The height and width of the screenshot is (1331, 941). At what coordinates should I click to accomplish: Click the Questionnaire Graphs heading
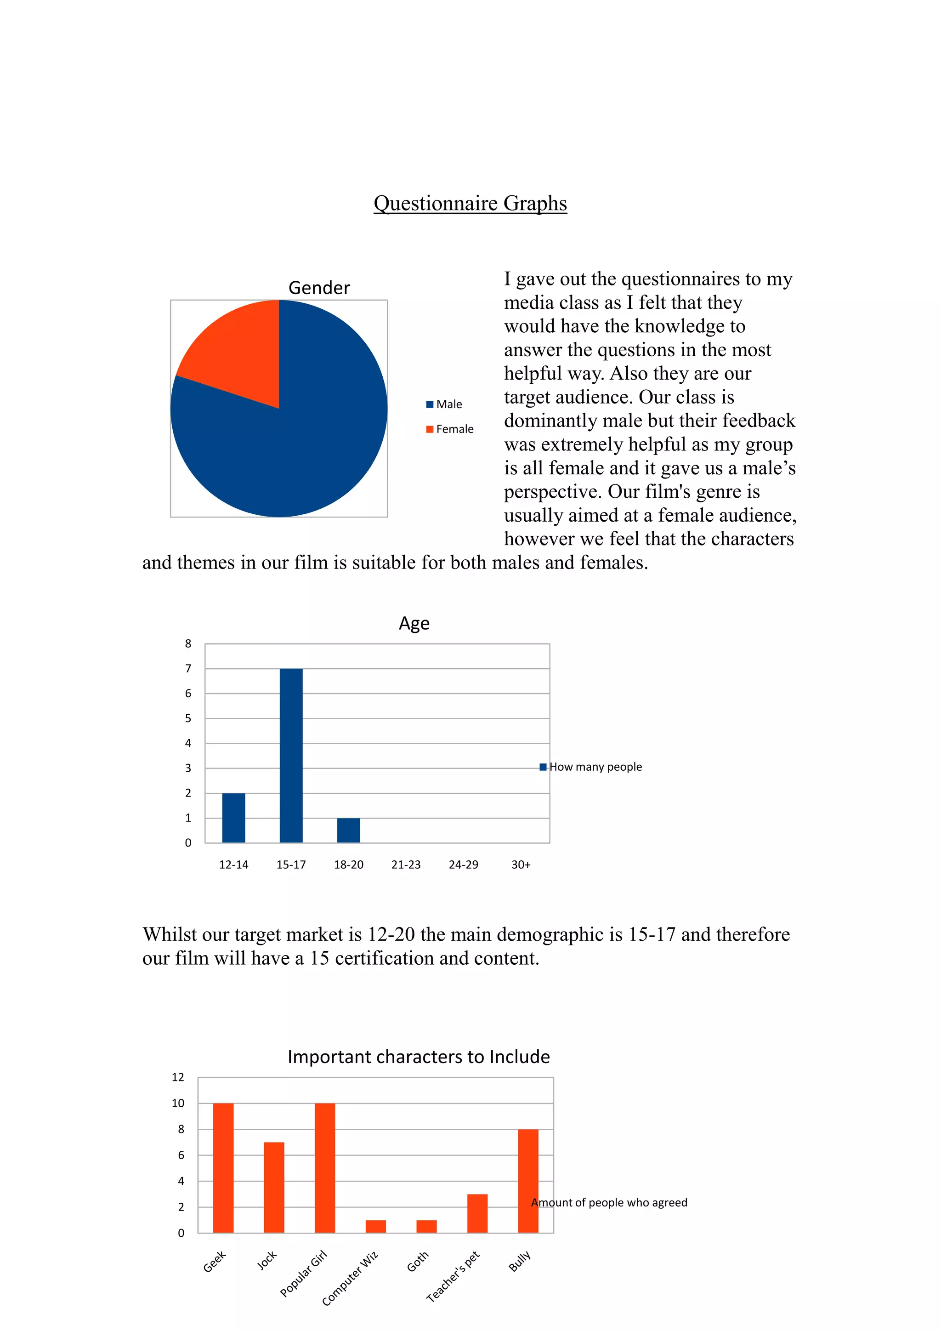[470, 204]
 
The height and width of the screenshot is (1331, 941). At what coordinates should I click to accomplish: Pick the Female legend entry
[450, 429]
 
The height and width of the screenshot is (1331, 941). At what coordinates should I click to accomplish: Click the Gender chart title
[319, 288]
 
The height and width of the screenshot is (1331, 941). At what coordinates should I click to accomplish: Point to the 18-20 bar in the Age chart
[348, 830]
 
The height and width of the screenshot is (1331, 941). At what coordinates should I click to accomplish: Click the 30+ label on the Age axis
[520, 865]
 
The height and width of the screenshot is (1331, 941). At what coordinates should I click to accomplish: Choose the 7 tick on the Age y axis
[188, 668]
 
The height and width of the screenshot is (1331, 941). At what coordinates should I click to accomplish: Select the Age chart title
[414, 623]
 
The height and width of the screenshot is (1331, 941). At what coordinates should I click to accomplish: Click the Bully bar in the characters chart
[528, 1180]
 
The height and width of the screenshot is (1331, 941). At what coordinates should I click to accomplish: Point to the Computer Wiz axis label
[350, 1278]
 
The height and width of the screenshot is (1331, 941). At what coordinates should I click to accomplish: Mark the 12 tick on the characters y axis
[178, 1077]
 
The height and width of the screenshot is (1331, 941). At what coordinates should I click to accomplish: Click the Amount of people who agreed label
[609, 1202]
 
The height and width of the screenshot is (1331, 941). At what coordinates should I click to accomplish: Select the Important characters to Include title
[419, 1057]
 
